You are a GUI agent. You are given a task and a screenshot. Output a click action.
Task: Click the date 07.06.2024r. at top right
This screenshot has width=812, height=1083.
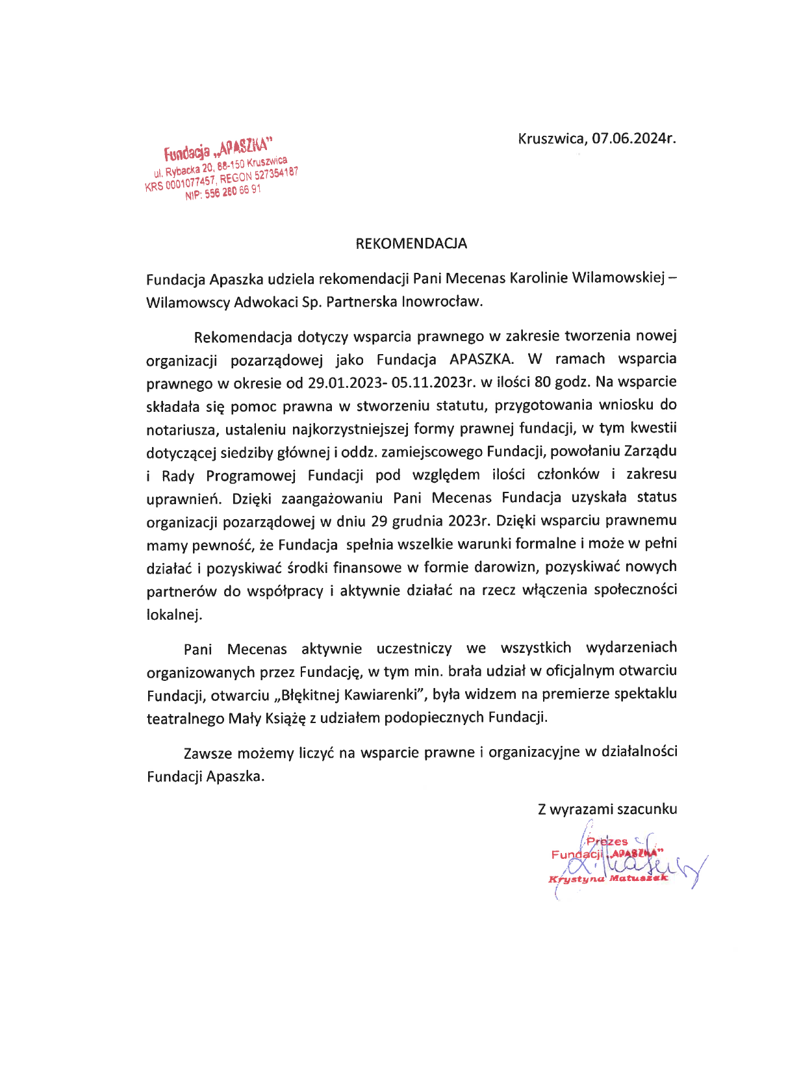click(634, 138)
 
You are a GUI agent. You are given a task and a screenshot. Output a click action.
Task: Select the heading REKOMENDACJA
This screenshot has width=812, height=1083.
click(411, 244)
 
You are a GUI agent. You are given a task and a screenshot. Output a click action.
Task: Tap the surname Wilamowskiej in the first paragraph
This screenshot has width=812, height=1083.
click(619, 279)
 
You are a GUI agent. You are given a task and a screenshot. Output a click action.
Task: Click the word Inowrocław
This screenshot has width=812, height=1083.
click(443, 302)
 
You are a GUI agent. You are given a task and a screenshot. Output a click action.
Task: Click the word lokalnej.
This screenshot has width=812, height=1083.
click(174, 615)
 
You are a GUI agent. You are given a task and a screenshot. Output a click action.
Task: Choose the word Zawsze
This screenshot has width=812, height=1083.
click(207, 753)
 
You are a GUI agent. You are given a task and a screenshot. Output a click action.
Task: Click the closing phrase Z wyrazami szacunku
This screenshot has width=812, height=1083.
click(607, 809)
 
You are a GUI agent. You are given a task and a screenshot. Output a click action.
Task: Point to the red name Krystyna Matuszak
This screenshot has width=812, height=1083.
click(608, 878)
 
